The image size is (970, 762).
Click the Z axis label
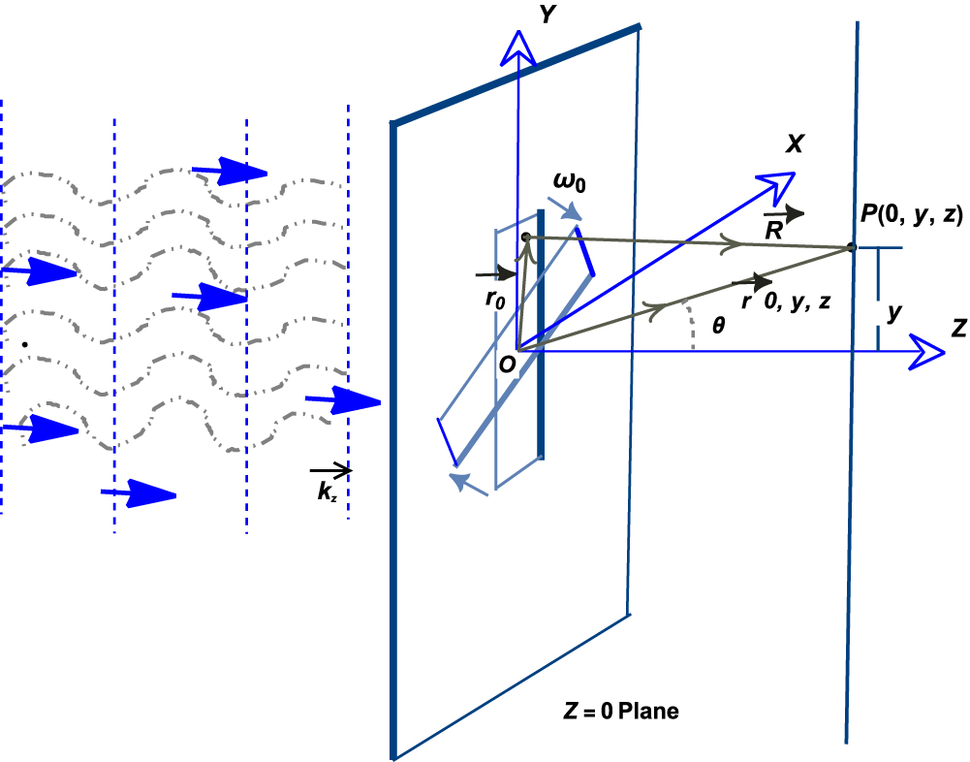tap(957, 327)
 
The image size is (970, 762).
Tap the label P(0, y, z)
tap(909, 217)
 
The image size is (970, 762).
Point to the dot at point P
tap(852, 248)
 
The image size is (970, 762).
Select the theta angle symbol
tap(718, 328)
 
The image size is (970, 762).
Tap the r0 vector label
tap(495, 300)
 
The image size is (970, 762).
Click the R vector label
tap(774, 230)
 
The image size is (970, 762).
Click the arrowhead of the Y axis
tap(520, 44)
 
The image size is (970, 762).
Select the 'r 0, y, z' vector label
tap(791, 302)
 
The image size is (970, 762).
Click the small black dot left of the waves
tap(25, 343)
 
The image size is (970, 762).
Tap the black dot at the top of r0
tap(525, 237)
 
